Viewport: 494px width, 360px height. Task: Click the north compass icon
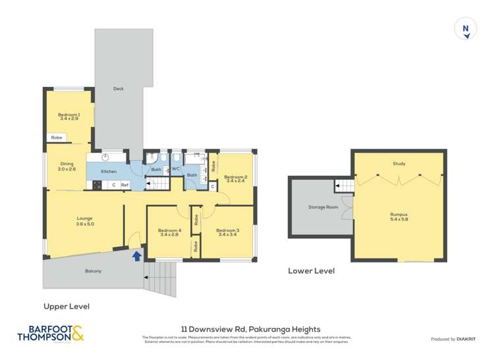click(x=466, y=29)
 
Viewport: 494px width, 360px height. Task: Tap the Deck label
click(x=119, y=89)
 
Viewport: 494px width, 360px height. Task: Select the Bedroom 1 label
click(x=69, y=116)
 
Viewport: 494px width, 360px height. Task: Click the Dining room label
click(x=67, y=167)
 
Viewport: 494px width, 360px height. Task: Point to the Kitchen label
click(x=109, y=171)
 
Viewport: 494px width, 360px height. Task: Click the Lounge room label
click(x=84, y=221)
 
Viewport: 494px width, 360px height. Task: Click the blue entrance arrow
click(x=137, y=255)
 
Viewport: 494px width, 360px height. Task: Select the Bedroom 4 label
click(x=169, y=232)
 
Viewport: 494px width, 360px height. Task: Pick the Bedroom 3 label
click(x=227, y=232)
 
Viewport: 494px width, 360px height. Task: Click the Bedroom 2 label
click(x=235, y=178)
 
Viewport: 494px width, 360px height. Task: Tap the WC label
click(x=176, y=168)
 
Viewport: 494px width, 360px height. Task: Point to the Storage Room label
click(x=323, y=207)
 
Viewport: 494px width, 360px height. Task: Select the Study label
click(x=398, y=163)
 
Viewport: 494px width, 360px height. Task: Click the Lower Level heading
click(x=311, y=270)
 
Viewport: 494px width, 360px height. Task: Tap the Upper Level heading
click(x=67, y=306)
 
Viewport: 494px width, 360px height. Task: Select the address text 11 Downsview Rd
click(x=250, y=329)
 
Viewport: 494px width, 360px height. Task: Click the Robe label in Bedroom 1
click(x=57, y=138)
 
